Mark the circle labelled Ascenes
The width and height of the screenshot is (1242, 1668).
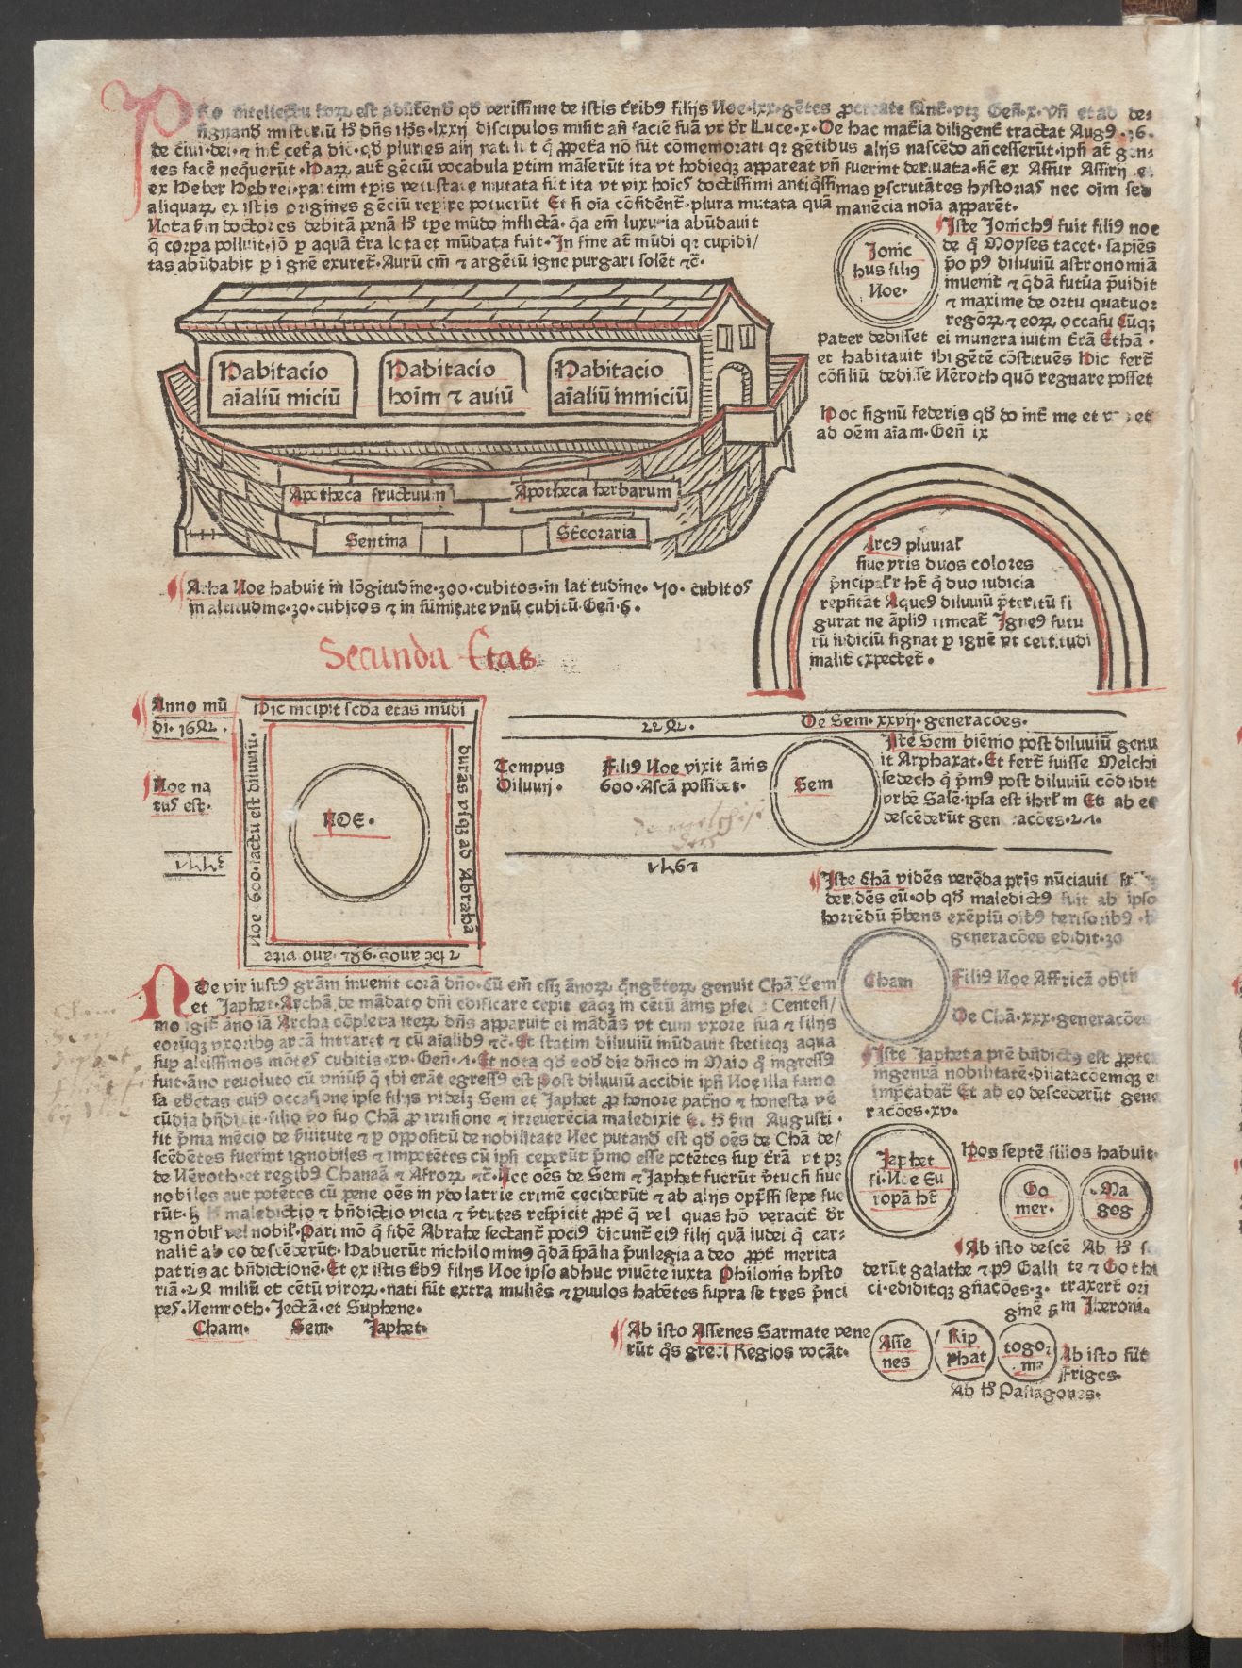pyautogui.click(x=897, y=1351)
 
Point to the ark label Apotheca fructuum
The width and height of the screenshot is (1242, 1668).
pyautogui.click(x=371, y=493)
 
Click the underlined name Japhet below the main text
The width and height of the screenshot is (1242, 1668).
pyautogui.click(x=395, y=1329)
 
